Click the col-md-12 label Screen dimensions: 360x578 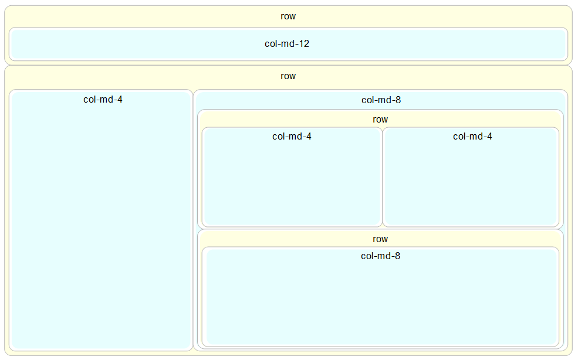[287, 43]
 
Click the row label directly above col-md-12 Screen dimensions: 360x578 [288, 16]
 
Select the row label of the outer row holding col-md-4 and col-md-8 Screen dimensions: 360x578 [288, 76]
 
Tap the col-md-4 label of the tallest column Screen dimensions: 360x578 [103, 100]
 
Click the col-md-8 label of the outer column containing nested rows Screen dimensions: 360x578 [381, 100]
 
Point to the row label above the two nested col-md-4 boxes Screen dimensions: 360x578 [380, 120]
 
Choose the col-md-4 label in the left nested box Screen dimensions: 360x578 [292, 137]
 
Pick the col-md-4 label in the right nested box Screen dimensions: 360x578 [472, 137]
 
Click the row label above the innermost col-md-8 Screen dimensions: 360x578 [380, 239]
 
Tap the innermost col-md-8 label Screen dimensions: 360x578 [380, 256]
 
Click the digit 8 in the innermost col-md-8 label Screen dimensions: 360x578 [398, 256]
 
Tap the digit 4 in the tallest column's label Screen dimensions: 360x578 [120, 100]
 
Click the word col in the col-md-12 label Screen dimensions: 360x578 [271, 43]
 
